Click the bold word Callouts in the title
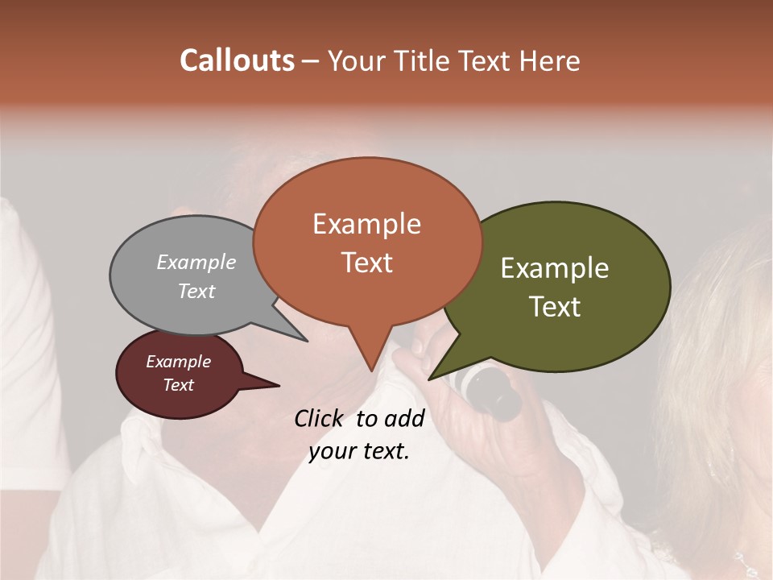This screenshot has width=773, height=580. point(237,60)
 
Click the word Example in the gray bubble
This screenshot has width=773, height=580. point(196,262)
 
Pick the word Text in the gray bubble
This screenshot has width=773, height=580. point(196,291)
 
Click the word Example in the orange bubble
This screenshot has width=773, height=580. point(366,224)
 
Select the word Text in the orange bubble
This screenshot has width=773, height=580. point(367,262)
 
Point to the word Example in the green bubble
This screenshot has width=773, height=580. point(555,268)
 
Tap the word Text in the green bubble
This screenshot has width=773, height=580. point(556,306)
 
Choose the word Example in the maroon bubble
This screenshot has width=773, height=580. point(179,362)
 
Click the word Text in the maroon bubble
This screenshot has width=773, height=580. point(179,385)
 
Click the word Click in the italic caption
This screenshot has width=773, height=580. point(320,418)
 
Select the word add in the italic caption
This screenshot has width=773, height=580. point(404,418)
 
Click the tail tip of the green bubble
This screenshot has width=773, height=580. point(430,378)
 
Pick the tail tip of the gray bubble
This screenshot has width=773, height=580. point(306,340)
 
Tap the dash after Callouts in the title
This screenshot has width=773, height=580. point(312,61)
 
